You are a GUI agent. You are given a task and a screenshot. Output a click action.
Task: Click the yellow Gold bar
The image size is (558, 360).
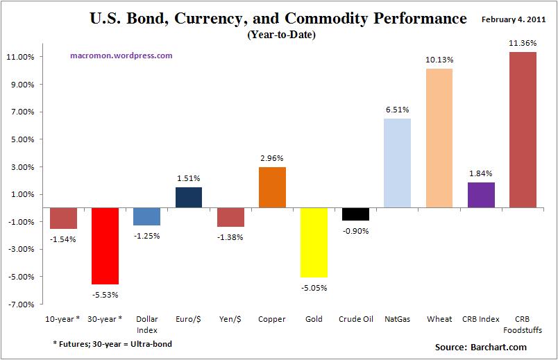pyautogui.click(x=314, y=243)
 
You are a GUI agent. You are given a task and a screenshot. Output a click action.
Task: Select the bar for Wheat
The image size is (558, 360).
pyautogui.click(x=439, y=138)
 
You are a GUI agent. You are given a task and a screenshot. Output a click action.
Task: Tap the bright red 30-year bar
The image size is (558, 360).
pyautogui.click(x=105, y=246)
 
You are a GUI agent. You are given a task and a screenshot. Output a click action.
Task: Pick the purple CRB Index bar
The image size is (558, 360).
pyautogui.click(x=481, y=195)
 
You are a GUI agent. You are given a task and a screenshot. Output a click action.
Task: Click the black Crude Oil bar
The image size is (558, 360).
pyautogui.click(x=355, y=214)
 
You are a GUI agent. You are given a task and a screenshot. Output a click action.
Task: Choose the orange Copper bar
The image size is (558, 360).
pyautogui.click(x=272, y=187)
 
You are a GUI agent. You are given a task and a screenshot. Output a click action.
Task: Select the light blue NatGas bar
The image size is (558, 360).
pyautogui.click(x=397, y=163)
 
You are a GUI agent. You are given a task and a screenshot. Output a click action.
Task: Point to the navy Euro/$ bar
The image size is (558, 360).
pyautogui.click(x=188, y=198)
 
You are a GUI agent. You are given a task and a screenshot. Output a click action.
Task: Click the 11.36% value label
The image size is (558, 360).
pyautogui.click(x=523, y=44)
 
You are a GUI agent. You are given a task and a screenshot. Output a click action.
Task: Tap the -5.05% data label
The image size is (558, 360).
pyautogui.click(x=314, y=287)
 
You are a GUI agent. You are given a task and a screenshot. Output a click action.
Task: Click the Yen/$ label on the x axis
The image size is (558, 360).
pyautogui.click(x=230, y=319)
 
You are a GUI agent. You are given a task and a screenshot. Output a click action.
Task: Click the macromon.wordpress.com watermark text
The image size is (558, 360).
pyautogui.click(x=121, y=55)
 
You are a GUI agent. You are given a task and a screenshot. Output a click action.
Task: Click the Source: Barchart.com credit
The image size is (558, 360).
pyautogui.click(x=481, y=347)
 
